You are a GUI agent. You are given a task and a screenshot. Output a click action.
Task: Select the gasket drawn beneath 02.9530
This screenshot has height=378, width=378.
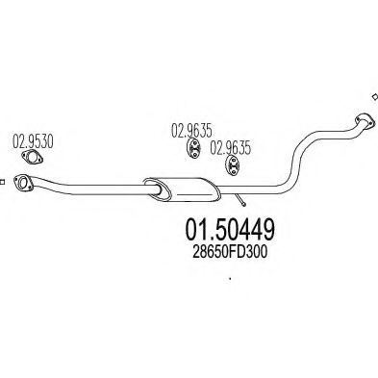33,160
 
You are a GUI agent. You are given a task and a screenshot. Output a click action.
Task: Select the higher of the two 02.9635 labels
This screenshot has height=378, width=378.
190,129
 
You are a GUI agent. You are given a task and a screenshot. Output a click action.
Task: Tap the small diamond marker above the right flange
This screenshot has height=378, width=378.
373,95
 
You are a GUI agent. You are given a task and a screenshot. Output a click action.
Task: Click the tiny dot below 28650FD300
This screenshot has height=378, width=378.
230,280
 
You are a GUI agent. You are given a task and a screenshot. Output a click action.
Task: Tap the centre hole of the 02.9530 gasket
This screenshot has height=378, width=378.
33,160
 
